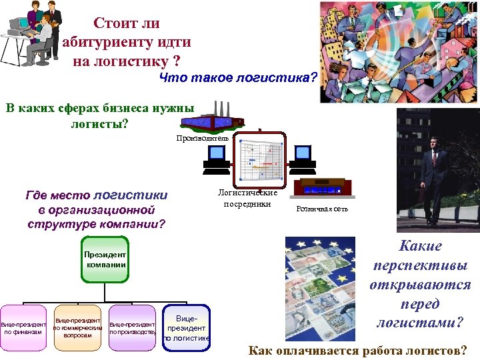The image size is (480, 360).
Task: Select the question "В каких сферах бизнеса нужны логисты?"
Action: (x=100, y=115)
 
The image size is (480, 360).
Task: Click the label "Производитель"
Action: (x=202, y=138)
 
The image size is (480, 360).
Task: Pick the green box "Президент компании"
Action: (x=106, y=260)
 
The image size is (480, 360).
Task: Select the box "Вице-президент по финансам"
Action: (x=23, y=326)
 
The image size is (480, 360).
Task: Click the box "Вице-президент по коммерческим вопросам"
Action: (x=77, y=323)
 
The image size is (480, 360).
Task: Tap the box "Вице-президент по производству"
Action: (x=133, y=326)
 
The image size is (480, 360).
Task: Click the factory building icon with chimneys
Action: (x=211, y=119)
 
